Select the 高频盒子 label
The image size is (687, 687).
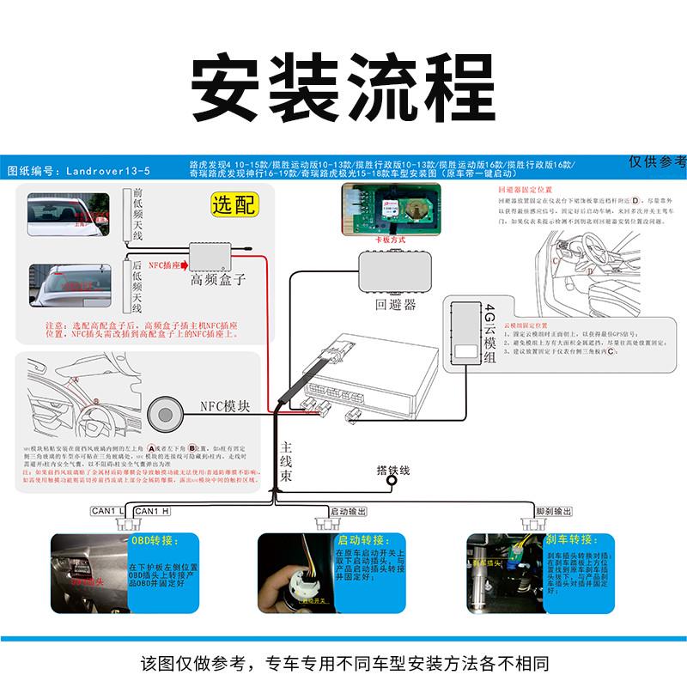[218, 279]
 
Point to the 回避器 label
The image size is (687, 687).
[395, 303]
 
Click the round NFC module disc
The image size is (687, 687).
[169, 413]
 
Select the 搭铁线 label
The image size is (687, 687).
[394, 471]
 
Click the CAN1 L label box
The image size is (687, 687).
[108, 512]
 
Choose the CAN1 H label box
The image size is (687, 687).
[152, 512]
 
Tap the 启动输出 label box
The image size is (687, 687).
[349, 512]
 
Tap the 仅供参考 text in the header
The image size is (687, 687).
[657, 161]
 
